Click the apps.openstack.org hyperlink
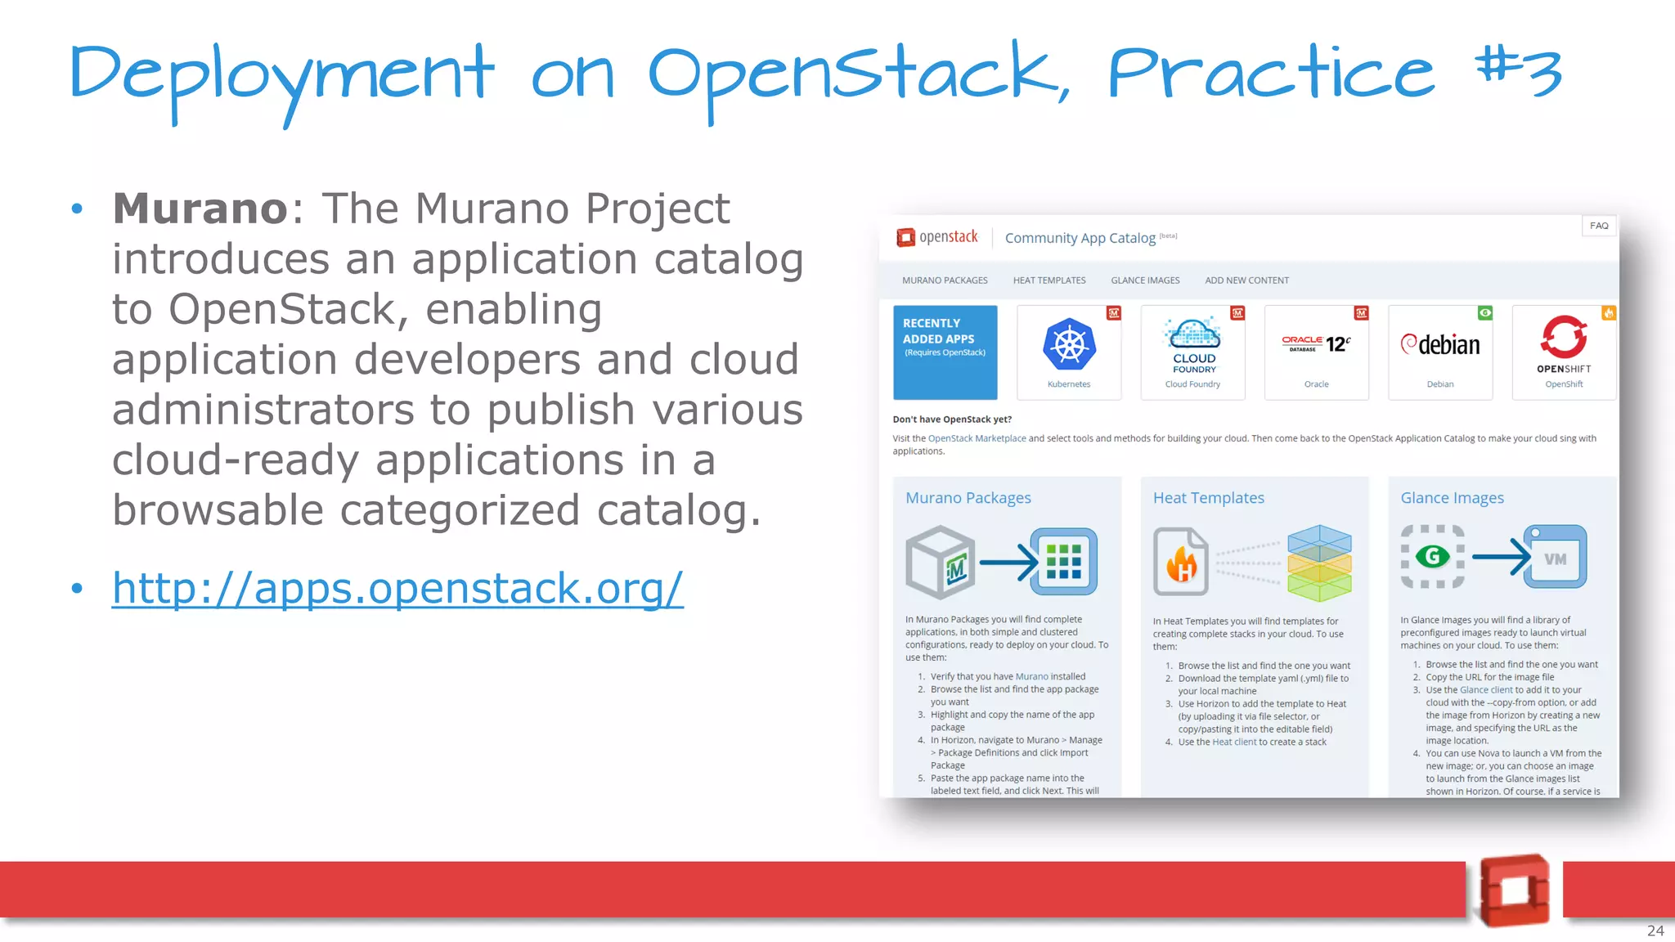[397, 589]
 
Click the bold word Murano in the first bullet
[200, 209]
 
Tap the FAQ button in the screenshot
[1599, 226]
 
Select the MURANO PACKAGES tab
[945, 280]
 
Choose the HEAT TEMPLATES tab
[1049, 280]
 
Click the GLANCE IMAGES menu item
[1145, 280]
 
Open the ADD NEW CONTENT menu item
[1246, 280]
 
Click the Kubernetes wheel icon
[1069, 344]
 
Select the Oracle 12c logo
[1316, 344]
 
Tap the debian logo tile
[1440, 345]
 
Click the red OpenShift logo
[1564, 337]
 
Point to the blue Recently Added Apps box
[945, 352]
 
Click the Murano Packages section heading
[968, 498]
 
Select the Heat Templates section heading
[1208, 498]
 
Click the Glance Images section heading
[1452, 498]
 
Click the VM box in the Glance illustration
[1555, 558]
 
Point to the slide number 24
[1655, 931]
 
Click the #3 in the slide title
[1518, 71]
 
